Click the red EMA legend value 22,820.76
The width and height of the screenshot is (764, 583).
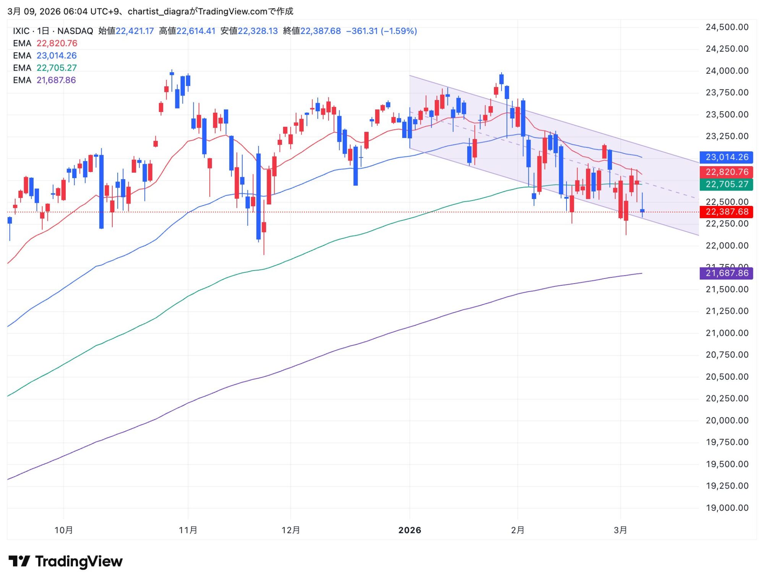(57, 43)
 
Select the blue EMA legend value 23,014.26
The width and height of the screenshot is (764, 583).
(57, 55)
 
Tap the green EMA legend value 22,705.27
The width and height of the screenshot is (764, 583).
(57, 68)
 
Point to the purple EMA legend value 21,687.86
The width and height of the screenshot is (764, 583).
(56, 80)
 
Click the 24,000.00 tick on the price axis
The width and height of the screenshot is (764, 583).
(727, 71)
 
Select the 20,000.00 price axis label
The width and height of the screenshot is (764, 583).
(727, 420)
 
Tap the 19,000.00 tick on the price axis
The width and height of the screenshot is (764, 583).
(727, 508)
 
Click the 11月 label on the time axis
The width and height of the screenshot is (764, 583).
(188, 530)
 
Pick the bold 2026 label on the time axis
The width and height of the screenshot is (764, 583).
(410, 530)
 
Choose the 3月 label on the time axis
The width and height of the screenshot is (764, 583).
(620, 530)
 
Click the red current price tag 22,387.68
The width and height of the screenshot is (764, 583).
(726, 212)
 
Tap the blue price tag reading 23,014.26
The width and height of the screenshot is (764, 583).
(726, 157)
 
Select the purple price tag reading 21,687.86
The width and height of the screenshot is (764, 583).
(726, 273)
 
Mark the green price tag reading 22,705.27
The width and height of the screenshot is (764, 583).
(726, 184)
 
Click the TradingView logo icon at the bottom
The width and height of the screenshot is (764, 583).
(19, 561)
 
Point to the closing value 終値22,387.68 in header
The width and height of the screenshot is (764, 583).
(312, 31)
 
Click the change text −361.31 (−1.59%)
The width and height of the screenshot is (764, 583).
(381, 31)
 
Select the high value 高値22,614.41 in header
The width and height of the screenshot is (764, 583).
(187, 31)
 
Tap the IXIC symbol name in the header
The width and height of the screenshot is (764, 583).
(21, 31)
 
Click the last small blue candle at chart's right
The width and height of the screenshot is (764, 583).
(642, 211)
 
